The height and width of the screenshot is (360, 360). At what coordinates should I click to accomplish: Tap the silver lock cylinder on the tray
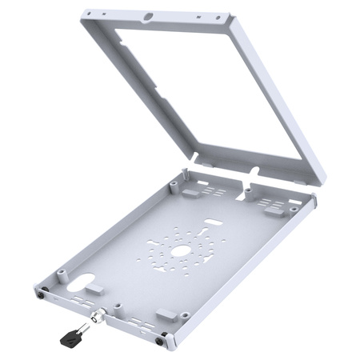tap(98, 317)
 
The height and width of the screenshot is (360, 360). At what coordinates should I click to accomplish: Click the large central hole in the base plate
tap(181, 251)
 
